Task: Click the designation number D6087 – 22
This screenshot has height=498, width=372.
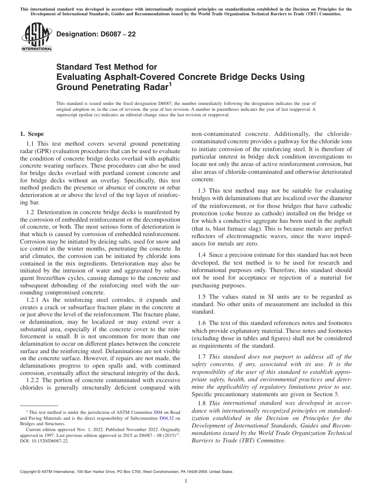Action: point(96,34)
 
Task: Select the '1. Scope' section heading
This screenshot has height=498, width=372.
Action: point(32,134)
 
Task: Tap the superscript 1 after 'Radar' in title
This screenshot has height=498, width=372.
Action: point(170,84)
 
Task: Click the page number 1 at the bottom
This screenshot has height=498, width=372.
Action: point(186,481)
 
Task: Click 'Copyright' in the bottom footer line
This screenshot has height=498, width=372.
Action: point(28,472)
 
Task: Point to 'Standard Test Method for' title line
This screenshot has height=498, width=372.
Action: point(107,67)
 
